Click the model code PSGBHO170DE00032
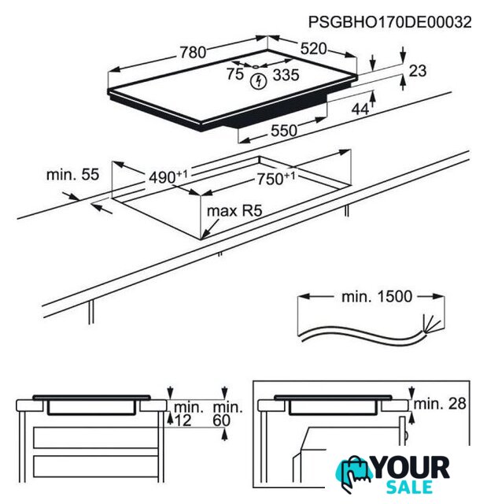point(389,22)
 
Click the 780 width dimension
point(193,53)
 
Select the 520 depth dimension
point(313,49)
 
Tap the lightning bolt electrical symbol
point(258,81)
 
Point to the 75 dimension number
point(235,74)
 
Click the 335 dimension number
point(286,75)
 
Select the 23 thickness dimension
point(418,71)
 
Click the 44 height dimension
point(360,109)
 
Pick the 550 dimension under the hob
point(284,131)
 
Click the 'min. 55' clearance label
point(73,175)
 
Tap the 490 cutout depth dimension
point(168,176)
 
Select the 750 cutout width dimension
point(276,179)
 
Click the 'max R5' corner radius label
point(234,211)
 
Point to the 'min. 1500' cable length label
point(377,296)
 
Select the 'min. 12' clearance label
point(188,414)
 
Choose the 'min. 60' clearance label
point(227,414)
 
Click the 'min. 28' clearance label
point(440,404)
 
